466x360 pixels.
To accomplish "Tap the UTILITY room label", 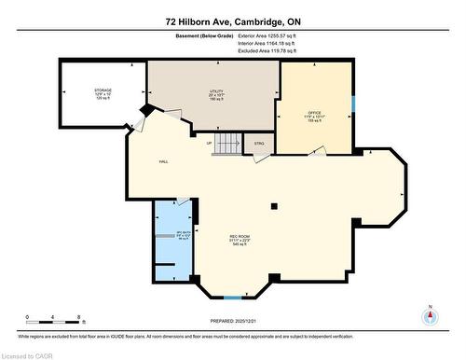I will point(216,91).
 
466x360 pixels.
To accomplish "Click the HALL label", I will point(162,161).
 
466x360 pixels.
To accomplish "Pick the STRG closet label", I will point(259,143).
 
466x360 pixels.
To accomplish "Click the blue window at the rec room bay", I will point(230,297).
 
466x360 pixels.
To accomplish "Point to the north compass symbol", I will point(430,315).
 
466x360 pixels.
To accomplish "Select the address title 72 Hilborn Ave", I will point(232,21).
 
